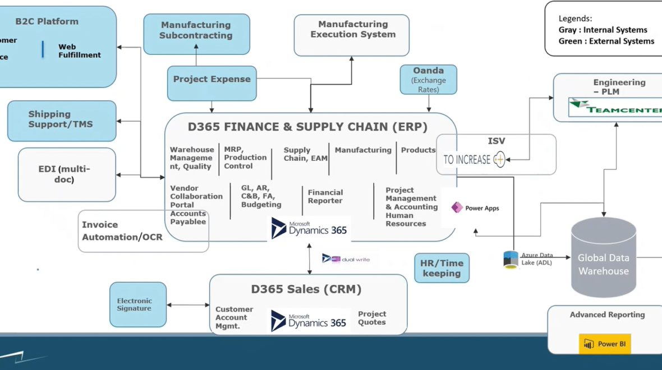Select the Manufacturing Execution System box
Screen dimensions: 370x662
point(352,35)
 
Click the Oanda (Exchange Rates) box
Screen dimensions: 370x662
point(429,79)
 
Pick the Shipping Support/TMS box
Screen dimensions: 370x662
point(62,121)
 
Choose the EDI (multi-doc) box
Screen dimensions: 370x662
point(67,174)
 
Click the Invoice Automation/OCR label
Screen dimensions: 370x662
point(122,231)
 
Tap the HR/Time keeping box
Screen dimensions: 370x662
point(442,268)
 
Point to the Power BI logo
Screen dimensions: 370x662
point(605,344)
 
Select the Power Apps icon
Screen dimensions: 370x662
point(457,207)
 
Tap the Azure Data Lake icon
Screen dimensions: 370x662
point(511,260)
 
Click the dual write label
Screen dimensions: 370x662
point(346,258)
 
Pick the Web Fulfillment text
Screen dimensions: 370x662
point(80,51)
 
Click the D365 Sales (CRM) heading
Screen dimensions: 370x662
point(306,289)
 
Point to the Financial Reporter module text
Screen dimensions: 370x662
point(325,196)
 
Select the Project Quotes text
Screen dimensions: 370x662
point(372,318)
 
